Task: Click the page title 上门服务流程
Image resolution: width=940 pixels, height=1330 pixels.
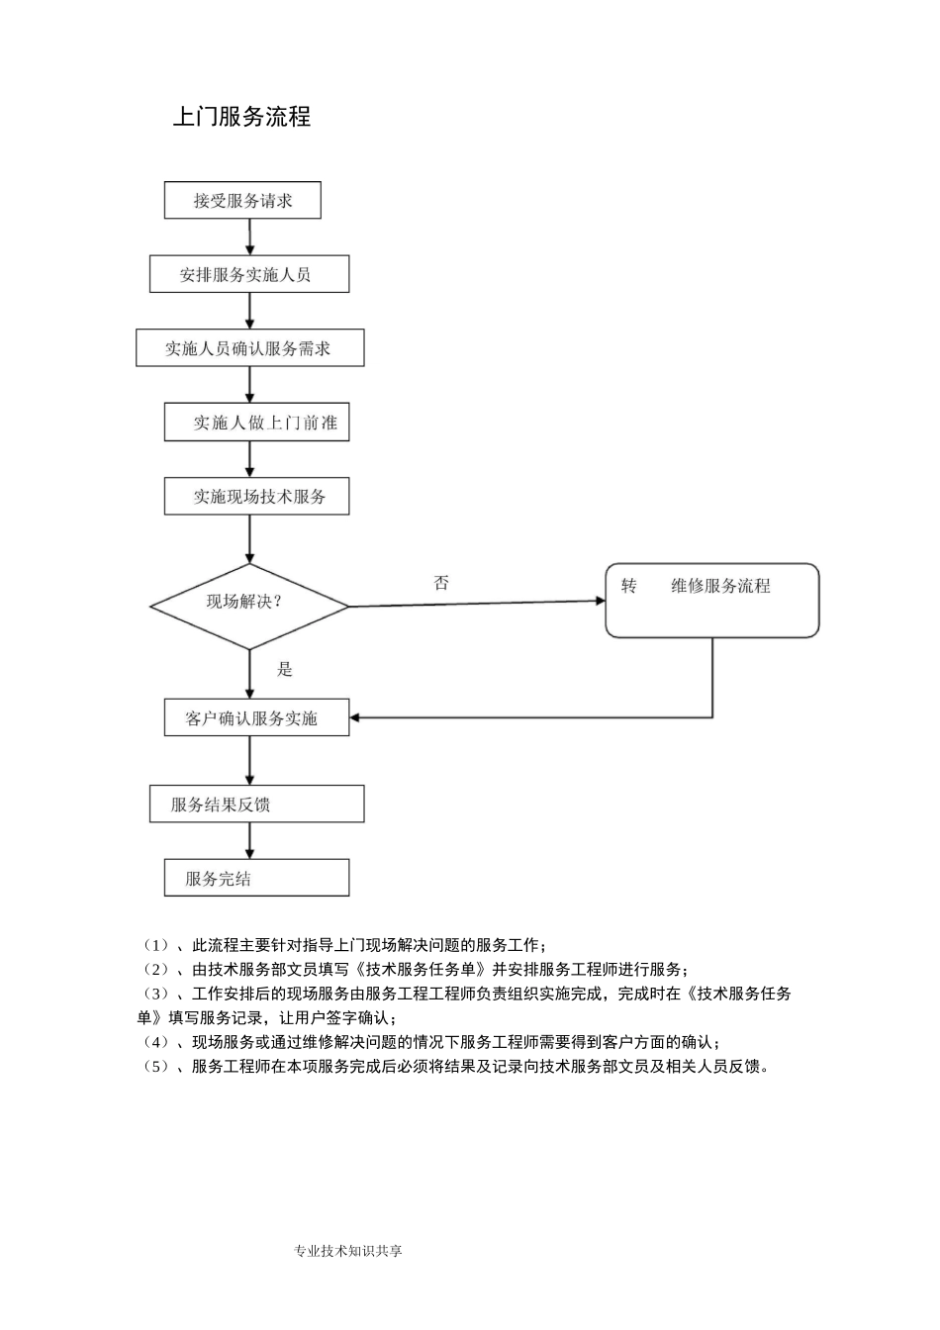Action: (x=241, y=117)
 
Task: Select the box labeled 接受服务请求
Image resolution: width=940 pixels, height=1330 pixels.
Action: (x=242, y=201)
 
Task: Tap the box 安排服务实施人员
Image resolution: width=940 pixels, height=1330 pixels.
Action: (x=249, y=274)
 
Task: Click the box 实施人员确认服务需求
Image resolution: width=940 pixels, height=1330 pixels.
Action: (x=249, y=348)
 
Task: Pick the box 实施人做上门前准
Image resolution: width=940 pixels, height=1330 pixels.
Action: (x=257, y=423)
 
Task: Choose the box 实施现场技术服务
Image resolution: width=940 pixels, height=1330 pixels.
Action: (x=256, y=496)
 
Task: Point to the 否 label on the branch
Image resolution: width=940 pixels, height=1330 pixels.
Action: (x=441, y=583)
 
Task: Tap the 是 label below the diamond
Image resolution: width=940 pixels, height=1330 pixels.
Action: (x=285, y=670)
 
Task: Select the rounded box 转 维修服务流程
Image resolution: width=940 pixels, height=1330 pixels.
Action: (x=712, y=601)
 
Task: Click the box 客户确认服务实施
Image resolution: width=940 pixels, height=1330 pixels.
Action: (x=256, y=718)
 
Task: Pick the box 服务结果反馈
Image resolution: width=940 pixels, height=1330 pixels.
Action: (x=256, y=804)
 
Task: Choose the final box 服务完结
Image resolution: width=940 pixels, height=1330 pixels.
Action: (x=256, y=878)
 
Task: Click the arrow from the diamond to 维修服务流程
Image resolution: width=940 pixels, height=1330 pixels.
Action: (x=475, y=603)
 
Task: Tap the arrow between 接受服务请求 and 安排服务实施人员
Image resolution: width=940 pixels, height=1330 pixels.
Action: (x=249, y=237)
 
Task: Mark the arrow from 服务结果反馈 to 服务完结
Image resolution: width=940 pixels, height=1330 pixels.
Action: (x=249, y=840)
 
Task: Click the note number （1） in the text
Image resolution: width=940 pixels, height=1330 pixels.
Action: (x=157, y=945)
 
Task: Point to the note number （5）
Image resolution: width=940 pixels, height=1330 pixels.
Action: (x=157, y=1067)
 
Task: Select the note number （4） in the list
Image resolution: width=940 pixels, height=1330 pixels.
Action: (x=157, y=1042)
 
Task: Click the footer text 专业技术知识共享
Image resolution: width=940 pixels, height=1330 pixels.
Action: (x=348, y=1251)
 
